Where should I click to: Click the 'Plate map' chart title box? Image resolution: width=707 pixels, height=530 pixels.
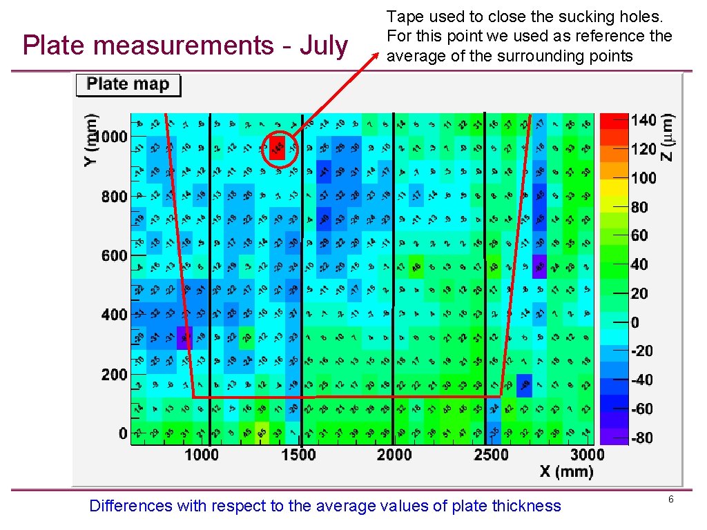point(128,85)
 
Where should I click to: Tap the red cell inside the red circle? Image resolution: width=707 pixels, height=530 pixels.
point(277,147)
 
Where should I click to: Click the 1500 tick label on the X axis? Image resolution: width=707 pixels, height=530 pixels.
point(298,454)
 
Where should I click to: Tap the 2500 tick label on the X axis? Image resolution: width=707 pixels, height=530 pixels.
point(490,454)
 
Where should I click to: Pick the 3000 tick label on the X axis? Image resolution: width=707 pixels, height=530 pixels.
point(587,454)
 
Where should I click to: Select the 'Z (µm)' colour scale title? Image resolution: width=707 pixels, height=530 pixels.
point(668,137)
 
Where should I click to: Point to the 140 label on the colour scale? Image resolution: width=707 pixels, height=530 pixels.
point(643,120)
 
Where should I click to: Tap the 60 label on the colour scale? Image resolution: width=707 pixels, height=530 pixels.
point(639,235)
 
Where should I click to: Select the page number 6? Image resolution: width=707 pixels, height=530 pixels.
point(670,498)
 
